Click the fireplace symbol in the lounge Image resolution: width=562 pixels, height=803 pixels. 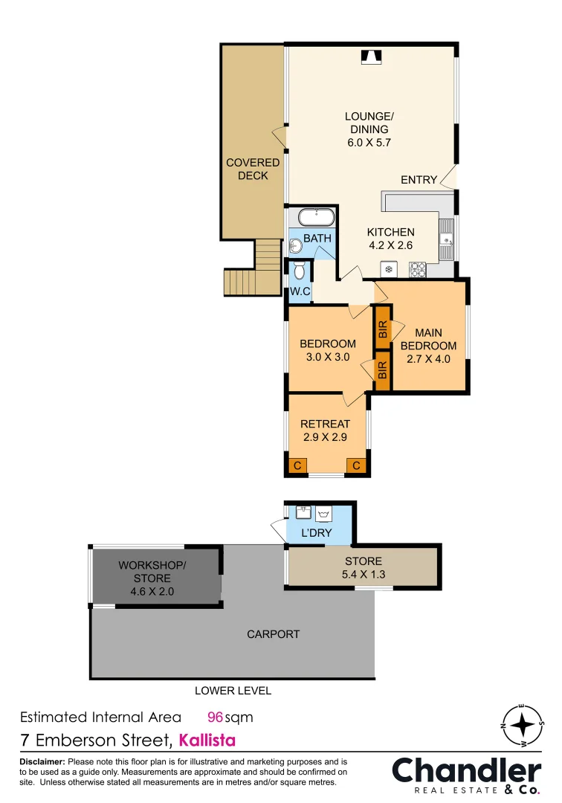370,56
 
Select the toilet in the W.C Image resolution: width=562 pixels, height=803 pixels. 300,270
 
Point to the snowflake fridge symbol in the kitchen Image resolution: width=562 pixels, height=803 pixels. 387,269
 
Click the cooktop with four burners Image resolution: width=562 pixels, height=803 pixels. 416,269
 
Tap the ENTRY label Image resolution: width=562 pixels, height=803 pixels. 419,180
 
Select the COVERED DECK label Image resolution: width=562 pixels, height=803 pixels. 253,169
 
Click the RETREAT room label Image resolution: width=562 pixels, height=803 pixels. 325,424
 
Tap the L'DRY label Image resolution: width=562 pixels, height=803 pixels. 317,533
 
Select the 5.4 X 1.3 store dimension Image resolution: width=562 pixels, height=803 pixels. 364,574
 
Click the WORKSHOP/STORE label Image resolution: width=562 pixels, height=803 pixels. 152,571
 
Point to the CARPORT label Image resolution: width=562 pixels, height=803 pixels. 273,634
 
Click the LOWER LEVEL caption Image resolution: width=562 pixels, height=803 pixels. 233,691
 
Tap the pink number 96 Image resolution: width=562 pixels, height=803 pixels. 215,717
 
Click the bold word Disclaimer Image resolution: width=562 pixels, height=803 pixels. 42,762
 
